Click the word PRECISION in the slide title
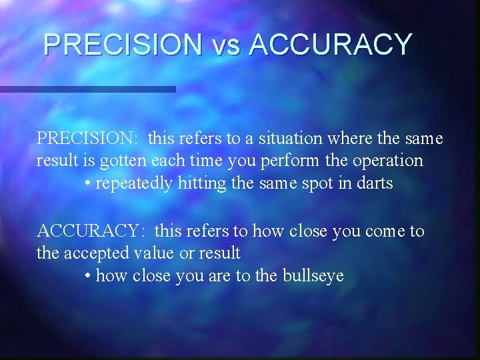pos(122,45)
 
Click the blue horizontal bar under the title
pos(87,89)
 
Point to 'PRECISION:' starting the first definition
pos(87,139)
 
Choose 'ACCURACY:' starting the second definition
pos(89,231)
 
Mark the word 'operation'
pos(387,161)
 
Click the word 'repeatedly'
pos(134,183)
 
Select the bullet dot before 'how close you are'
pos(89,276)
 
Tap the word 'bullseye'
pos(315,276)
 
